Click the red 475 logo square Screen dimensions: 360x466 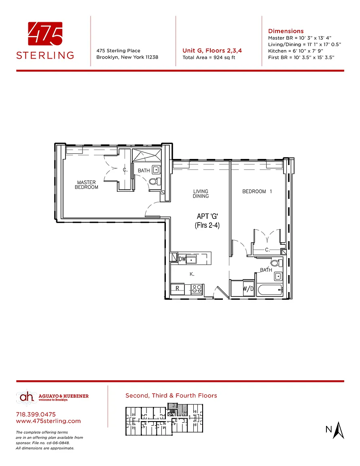pos(45,34)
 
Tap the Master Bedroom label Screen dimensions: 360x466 pos(87,184)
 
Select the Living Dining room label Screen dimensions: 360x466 pos(201,193)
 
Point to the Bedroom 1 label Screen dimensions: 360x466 pos(257,191)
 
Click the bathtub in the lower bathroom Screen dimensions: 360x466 pos(270,290)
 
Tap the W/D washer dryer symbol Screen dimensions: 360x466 pos(248,288)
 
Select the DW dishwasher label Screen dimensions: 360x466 pos(182,259)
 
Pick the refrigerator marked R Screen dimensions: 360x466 pos(178,288)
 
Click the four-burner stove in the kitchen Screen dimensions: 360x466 pos(197,289)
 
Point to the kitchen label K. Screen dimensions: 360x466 pos(192,274)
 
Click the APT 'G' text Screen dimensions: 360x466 pos(208,216)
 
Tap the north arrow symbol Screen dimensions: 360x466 pos(338,430)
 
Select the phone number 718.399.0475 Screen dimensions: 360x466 pos(36,414)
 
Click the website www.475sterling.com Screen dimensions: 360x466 pos(48,421)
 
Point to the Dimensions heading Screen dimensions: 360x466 pos(286,31)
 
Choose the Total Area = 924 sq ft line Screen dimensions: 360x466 pos(209,57)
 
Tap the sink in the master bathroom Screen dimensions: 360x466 pos(156,170)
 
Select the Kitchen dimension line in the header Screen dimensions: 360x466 pos(296,51)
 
